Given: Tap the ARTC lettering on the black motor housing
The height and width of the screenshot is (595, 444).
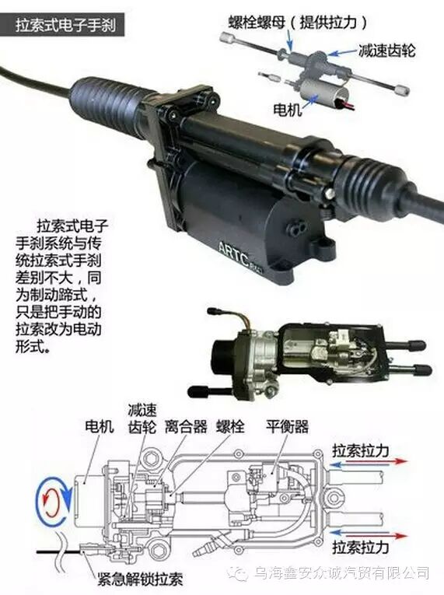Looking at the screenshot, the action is click(234, 255).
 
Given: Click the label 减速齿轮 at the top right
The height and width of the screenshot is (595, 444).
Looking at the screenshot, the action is click(386, 50).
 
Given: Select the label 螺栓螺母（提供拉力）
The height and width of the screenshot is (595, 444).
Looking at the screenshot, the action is click(299, 23).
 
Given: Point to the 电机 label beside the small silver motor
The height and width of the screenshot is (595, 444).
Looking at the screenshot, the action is click(287, 110).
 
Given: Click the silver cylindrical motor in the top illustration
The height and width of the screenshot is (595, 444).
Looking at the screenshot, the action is click(319, 91).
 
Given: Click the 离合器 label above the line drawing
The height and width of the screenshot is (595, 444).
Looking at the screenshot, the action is click(186, 426).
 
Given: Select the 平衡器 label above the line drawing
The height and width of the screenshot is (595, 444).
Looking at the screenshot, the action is click(287, 426).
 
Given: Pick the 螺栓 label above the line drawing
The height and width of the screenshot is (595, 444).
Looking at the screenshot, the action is click(230, 426).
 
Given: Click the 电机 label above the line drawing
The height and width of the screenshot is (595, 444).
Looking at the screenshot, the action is click(100, 426).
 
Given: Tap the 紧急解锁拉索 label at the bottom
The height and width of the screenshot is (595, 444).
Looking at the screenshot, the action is click(140, 579).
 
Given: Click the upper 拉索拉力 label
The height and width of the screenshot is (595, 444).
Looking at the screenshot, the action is click(361, 450).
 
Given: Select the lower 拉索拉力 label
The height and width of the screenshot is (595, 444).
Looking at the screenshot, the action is click(361, 548).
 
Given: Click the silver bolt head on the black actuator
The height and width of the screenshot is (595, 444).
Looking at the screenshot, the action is click(330, 194).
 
